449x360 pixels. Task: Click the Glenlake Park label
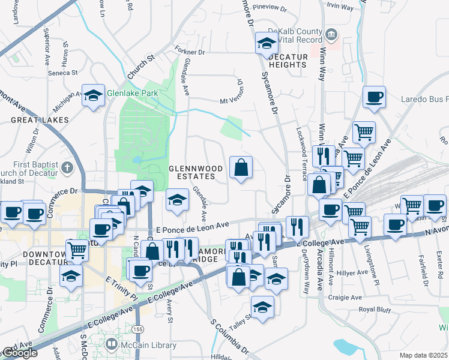coord(132,94)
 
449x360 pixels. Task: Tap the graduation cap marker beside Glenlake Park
coord(93,96)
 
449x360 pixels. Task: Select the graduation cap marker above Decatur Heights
coord(267,44)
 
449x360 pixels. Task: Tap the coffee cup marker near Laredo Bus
coord(374,97)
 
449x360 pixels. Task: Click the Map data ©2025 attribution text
coord(423,355)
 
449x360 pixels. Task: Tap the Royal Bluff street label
coord(375,310)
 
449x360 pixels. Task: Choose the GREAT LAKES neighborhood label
coord(32,120)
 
